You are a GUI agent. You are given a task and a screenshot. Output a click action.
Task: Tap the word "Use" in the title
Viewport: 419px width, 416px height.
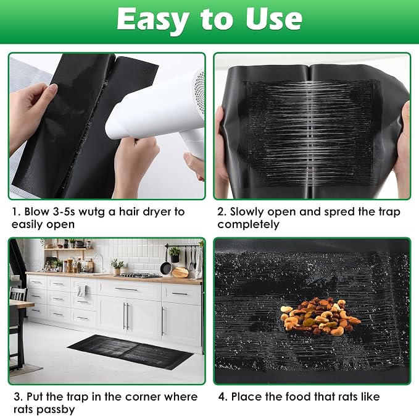274,19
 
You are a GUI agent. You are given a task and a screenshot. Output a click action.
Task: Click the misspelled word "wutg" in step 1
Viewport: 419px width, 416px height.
91,212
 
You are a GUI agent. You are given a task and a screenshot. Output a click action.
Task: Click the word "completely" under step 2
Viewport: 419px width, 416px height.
248,224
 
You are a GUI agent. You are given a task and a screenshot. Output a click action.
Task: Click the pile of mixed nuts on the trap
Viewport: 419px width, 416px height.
320,316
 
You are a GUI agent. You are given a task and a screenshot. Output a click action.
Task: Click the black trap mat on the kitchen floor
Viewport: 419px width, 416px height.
130,351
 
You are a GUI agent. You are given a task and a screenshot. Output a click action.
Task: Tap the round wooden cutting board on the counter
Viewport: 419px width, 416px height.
180,272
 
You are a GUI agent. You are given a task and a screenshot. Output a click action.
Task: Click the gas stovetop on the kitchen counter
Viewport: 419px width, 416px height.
139,275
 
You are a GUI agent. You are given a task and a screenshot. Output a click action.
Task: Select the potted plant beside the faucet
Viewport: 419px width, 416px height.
117,266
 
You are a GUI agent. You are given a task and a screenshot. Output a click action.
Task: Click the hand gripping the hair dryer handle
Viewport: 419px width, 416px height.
194,166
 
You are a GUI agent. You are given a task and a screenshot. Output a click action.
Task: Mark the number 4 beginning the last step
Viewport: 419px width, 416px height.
222,397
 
